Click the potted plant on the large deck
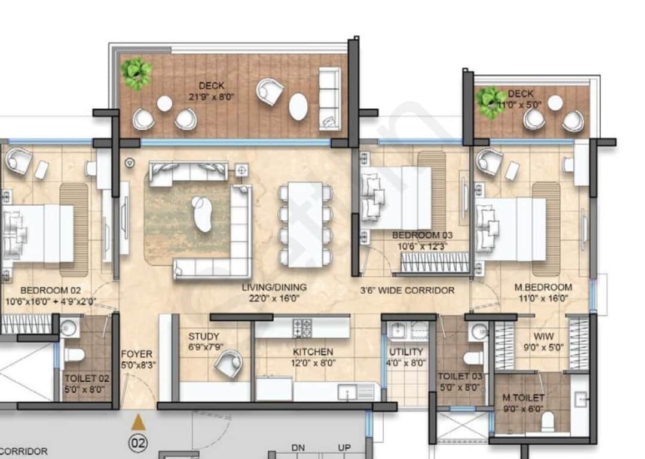[x=136, y=74]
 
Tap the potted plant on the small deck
[x=491, y=102]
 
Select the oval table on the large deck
[x=298, y=107]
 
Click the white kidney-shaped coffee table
[x=203, y=214]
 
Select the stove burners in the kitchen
[x=302, y=327]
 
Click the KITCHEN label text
[x=313, y=352]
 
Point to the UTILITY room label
[x=406, y=352]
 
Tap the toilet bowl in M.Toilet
[x=547, y=423]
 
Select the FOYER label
[x=136, y=354]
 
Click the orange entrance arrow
[x=138, y=422]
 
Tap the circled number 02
[x=138, y=443]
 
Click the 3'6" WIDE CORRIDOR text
[x=407, y=291]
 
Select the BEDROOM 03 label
[x=419, y=235]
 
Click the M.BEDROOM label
[x=543, y=287]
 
